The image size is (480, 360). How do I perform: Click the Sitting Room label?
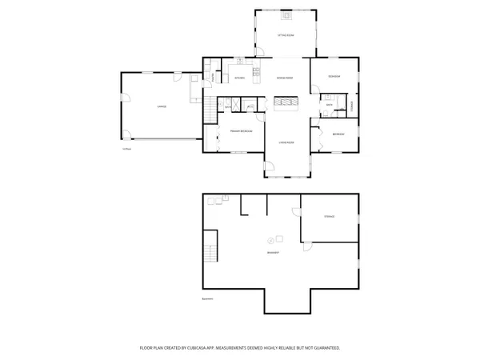tap(286, 36)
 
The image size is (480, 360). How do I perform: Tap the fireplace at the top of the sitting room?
tap(286, 14)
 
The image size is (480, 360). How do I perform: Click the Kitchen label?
tap(238, 78)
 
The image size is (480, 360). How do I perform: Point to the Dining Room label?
tap(284, 78)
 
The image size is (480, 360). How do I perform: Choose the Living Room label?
tap(286, 142)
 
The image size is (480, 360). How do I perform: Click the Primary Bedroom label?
tap(241, 130)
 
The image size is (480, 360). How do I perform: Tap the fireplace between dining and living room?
tap(286, 102)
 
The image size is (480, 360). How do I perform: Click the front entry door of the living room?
tap(270, 167)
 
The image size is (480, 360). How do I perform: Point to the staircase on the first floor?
tap(211, 112)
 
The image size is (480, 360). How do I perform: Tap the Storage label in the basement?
tap(329, 217)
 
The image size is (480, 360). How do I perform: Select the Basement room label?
tap(273, 253)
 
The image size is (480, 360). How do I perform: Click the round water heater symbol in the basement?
tap(271, 239)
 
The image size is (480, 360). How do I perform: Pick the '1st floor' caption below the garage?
tap(126, 148)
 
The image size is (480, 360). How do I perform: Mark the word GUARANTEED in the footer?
tap(326, 348)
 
